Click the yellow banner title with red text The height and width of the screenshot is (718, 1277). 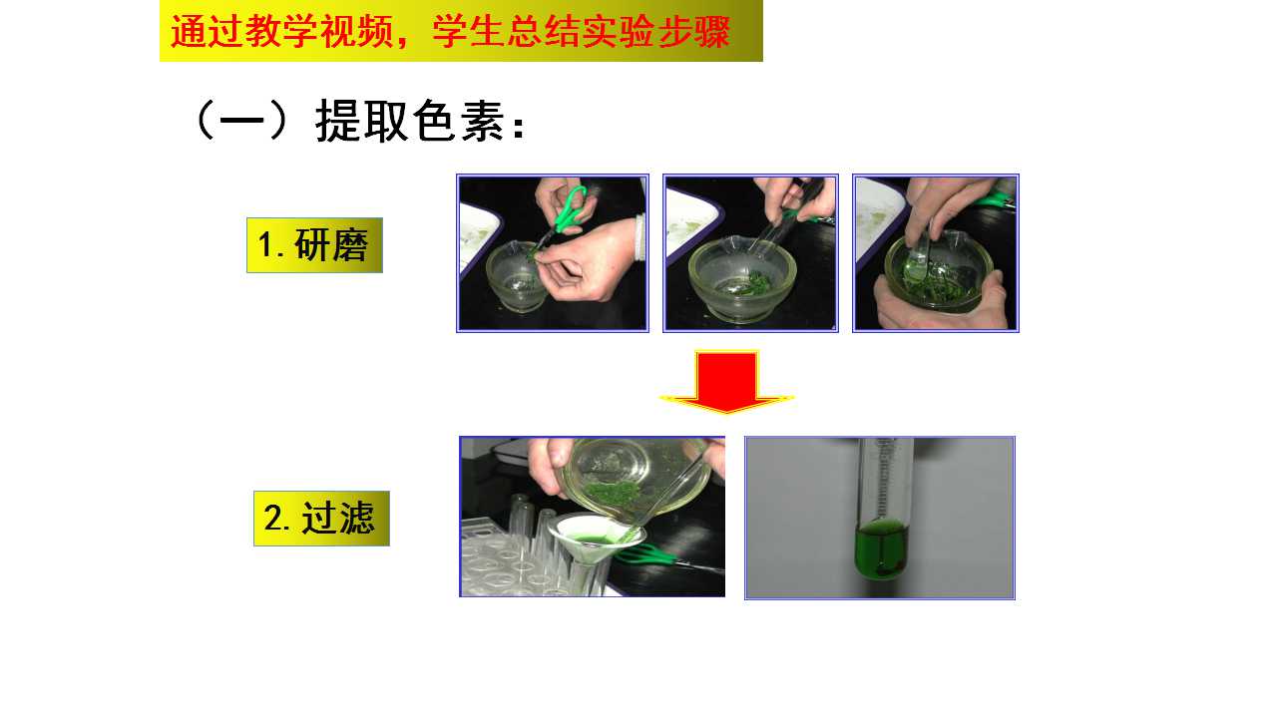click(461, 31)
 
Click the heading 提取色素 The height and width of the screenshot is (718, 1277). click(409, 121)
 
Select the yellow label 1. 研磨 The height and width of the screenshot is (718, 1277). click(314, 245)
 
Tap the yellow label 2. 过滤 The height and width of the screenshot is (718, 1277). click(321, 518)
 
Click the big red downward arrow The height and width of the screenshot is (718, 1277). click(726, 382)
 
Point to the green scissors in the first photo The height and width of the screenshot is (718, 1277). click(565, 213)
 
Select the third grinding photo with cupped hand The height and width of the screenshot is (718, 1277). click(936, 253)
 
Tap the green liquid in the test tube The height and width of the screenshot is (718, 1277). click(881, 548)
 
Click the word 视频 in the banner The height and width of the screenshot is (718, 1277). click(356, 31)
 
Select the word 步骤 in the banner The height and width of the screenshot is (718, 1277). click(693, 31)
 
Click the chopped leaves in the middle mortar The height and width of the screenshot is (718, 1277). click(753, 282)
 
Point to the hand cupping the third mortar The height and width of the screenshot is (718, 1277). click(941, 302)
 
